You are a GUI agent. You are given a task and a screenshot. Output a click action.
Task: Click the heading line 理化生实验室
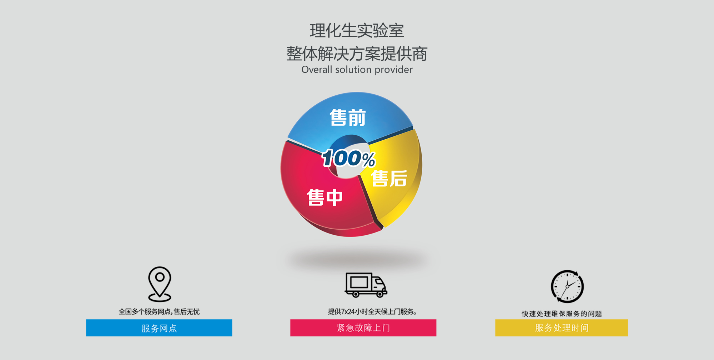click(357, 31)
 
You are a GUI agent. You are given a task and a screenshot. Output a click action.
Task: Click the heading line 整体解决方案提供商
click(357, 54)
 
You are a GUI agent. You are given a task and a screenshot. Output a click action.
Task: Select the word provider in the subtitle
click(394, 70)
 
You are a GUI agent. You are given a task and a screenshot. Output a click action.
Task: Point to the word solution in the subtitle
click(353, 69)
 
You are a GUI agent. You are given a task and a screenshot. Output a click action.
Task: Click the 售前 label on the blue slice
click(348, 118)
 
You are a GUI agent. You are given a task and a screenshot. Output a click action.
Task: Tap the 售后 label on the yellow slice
click(389, 178)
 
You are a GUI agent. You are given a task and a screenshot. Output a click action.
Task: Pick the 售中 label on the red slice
click(325, 197)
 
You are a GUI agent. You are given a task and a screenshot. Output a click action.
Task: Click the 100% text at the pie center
click(348, 158)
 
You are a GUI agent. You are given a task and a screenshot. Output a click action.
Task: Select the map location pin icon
click(160, 284)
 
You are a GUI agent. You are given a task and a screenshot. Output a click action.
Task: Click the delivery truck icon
click(366, 285)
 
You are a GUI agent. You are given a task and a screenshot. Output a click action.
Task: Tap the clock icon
click(567, 286)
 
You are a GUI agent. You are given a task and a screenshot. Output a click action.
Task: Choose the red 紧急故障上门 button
click(363, 328)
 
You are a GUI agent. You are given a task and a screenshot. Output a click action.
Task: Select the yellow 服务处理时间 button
click(562, 328)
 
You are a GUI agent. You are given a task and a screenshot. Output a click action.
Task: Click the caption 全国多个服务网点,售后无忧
click(159, 312)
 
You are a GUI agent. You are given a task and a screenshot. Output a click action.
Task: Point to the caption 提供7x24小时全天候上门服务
click(372, 312)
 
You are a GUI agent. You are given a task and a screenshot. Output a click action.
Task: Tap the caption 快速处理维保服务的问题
click(562, 314)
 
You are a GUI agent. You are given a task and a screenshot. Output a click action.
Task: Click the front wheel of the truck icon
click(380, 294)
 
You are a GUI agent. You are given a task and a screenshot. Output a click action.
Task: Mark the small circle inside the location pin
click(160, 277)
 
